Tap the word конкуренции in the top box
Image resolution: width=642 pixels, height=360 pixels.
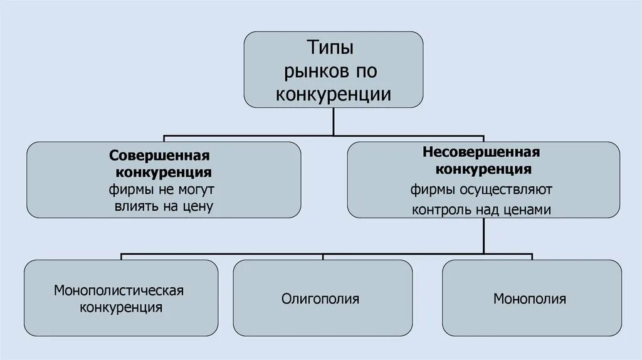[x=333, y=95]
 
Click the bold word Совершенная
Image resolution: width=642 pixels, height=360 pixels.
[x=159, y=155]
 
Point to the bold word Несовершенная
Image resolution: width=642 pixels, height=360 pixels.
[x=481, y=152]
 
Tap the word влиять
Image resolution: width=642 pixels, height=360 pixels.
[x=134, y=206]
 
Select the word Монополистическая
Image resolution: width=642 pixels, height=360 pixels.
[x=118, y=290]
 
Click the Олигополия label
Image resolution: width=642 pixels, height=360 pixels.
[x=320, y=299]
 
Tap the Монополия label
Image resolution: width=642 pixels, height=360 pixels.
[x=530, y=299]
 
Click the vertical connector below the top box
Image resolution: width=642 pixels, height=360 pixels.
[x=334, y=121]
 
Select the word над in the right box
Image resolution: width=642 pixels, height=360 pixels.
[x=487, y=210]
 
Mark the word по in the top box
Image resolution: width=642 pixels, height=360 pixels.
[x=367, y=71]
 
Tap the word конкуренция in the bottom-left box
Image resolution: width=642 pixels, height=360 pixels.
[x=120, y=307]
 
